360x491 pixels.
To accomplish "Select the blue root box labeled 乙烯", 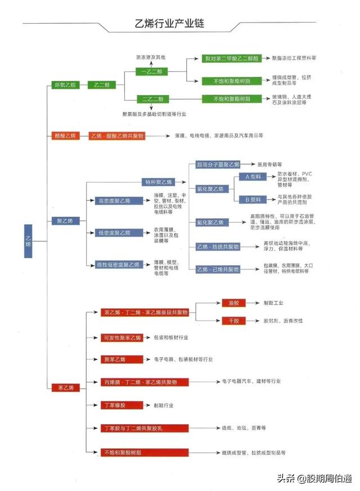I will pyautogui.click(x=28, y=241).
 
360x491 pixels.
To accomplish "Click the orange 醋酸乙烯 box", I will pyautogui.click(x=64, y=136).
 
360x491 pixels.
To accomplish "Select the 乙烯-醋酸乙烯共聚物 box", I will pyautogui.click(x=117, y=136).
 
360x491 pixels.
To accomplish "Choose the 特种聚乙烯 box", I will pyautogui.click(x=158, y=182).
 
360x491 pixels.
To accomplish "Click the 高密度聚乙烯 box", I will pyautogui.click(x=115, y=200).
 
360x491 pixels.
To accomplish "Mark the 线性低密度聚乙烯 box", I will pyautogui.click(x=118, y=264).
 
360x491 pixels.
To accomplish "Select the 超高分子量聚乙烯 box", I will pyautogui.click(x=218, y=165).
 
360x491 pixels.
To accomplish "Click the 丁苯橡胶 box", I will pyautogui.click(x=115, y=405).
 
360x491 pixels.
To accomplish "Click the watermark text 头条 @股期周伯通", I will pyautogui.click(x=313, y=478).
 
